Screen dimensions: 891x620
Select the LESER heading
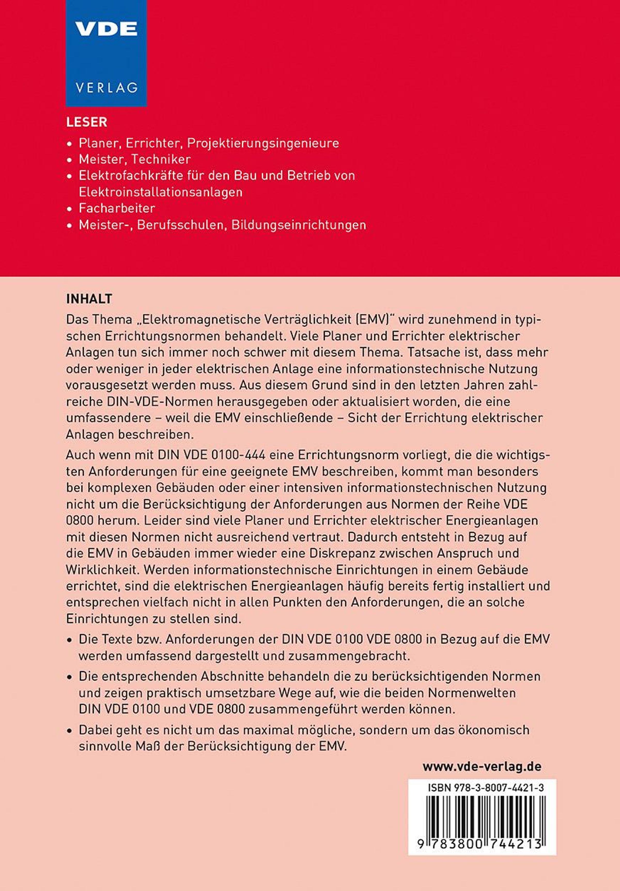87,122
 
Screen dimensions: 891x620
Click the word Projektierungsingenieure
263,143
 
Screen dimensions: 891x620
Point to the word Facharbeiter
117,208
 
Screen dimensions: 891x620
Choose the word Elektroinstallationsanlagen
160,192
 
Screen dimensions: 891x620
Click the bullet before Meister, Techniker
69,160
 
